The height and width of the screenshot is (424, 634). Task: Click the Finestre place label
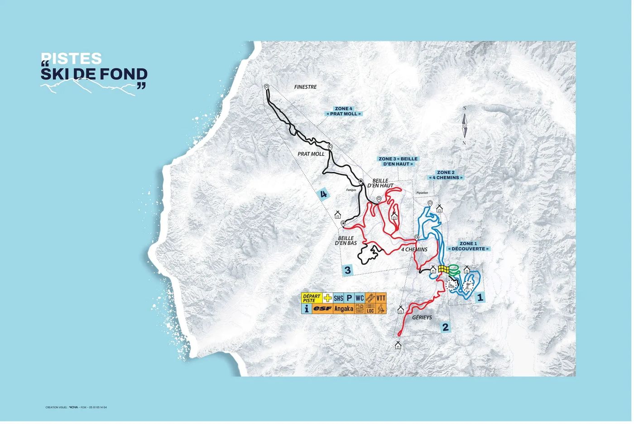point(305,87)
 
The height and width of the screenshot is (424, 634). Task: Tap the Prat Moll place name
point(311,154)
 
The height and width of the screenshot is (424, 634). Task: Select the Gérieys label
point(422,318)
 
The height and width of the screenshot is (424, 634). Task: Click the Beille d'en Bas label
point(346,241)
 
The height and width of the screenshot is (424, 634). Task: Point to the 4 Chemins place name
point(414,249)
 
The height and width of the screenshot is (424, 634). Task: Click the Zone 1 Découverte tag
point(469,247)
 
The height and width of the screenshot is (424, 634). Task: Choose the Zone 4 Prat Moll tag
point(343,111)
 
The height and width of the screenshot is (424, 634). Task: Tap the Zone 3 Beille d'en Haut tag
point(398,162)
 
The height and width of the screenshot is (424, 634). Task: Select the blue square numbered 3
point(347,271)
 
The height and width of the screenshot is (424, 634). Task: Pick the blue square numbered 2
point(446,327)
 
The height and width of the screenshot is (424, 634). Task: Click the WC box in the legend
point(360,298)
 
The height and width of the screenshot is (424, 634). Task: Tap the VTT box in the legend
point(381,298)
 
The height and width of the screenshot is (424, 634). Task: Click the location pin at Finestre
point(267,87)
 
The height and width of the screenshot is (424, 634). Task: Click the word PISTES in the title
point(72,59)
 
